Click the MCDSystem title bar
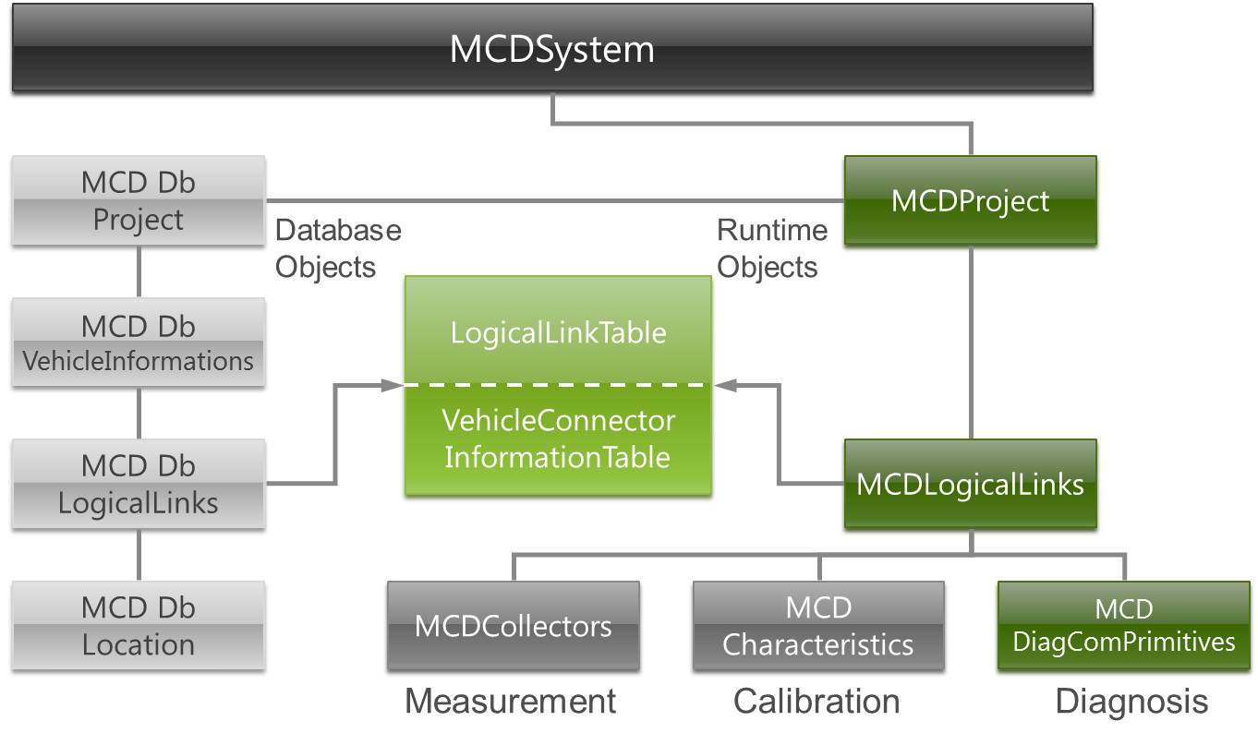click(552, 50)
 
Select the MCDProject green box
click(970, 202)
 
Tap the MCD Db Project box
click(139, 202)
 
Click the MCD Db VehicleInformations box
click(139, 344)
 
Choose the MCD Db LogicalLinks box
click(139, 486)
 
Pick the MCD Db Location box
click(139, 627)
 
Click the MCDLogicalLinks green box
click(970, 486)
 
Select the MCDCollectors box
click(514, 627)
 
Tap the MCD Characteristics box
click(818, 627)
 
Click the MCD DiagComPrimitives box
click(1123, 627)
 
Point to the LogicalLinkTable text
click(558, 333)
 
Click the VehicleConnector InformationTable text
click(558, 439)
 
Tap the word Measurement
click(512, 703)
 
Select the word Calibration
click(818, 703)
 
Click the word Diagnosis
click(1132, 703)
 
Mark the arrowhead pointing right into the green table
click(392, 385)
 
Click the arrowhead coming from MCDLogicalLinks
click(726, 385)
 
